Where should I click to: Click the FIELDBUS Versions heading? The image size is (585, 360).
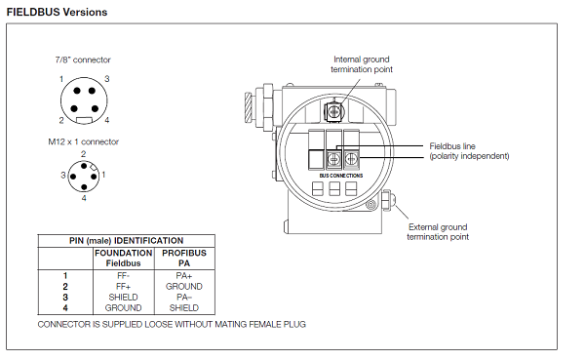click(58, 12)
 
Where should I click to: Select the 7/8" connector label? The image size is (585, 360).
click(83, 60)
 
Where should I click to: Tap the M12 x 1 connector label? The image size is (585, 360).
click(84, 141)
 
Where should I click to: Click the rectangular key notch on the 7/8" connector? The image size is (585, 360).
click(84, 120)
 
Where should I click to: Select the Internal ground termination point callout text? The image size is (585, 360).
click(362, 64)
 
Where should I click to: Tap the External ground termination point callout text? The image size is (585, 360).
click(438, 232)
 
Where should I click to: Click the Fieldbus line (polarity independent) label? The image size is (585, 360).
click(469, 151)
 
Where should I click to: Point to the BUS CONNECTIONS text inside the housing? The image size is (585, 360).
click(341, 176)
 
